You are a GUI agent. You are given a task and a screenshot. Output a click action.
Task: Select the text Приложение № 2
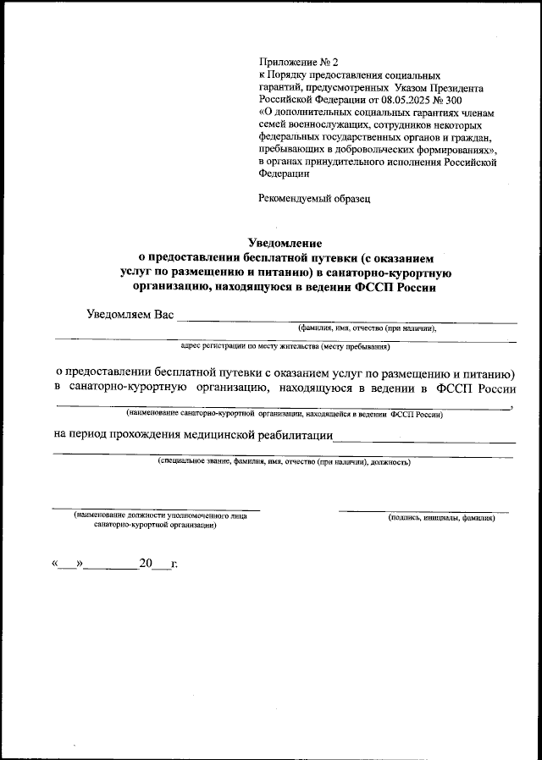297,63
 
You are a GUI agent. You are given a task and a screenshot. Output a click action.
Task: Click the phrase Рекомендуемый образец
314,199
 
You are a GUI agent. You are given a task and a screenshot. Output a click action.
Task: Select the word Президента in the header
455,87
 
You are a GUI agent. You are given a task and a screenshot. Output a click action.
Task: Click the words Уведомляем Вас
130,315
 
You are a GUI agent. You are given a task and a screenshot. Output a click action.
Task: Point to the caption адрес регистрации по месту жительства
285,346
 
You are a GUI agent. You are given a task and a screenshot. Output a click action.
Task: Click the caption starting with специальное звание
284,463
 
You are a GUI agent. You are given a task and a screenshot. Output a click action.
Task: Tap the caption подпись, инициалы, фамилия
441,517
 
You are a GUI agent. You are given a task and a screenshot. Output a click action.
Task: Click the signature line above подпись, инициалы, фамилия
423,511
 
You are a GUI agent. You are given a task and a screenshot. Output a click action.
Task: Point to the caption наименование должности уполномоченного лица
160,515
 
